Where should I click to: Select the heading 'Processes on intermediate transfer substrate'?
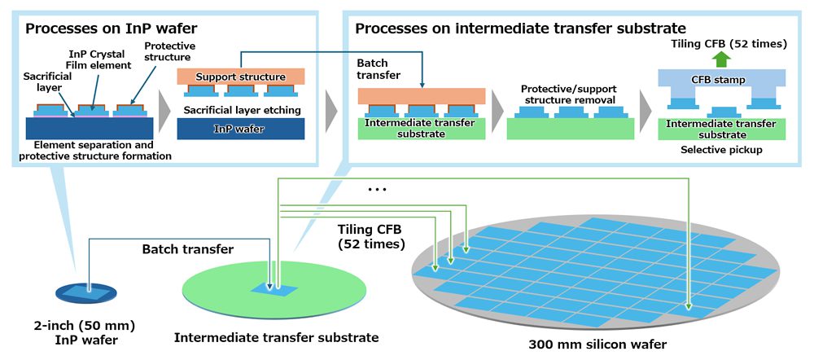coord(520,29)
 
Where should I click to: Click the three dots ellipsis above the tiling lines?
coord(377,190)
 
